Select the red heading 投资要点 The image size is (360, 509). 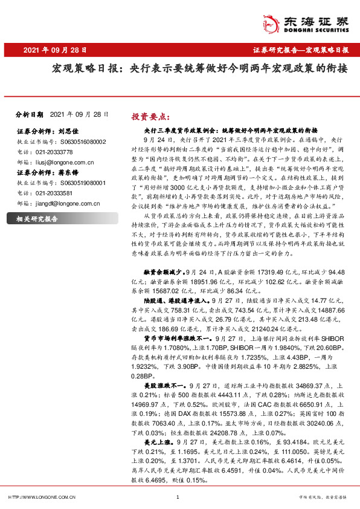coord(151,116)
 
